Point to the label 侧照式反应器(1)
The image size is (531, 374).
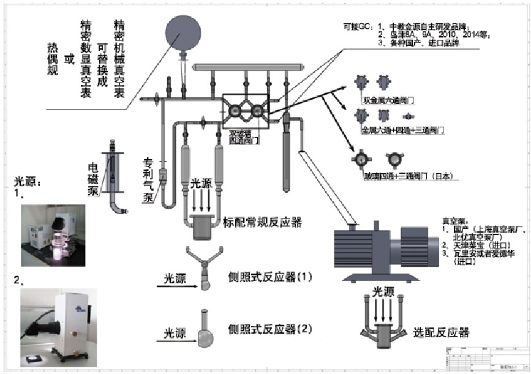[270, 277]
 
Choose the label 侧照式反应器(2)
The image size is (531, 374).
[270, 329]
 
